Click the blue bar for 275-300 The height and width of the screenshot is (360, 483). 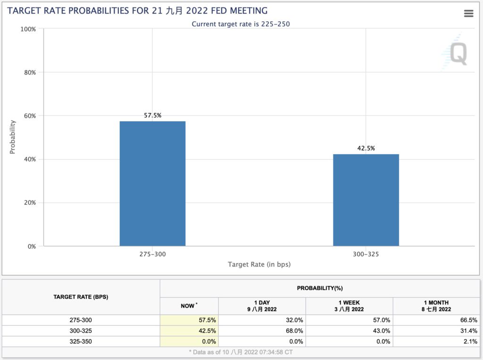(x=152, y=184)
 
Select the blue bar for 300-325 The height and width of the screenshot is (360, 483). (x=366, y=200)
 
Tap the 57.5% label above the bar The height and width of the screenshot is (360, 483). (x=152, y=115)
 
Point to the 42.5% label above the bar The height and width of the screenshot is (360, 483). (x=366, y=148)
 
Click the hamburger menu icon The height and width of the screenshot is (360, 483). (x=468, y=14)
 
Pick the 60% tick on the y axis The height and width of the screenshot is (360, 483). (x=29, y=116)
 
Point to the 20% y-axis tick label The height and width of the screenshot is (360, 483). (x=29, y=203)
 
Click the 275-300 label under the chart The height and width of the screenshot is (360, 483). (x=152, y=254)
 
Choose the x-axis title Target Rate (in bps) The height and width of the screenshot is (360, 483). (x=259, y=264)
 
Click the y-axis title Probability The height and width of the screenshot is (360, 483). (x=13, y=137)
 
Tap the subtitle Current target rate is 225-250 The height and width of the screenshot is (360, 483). (x=241, y=24)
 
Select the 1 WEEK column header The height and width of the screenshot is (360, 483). (x=349, y=306)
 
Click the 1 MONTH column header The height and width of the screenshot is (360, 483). (x=436, y=306)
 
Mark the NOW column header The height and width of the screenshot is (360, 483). (x=189, y=306)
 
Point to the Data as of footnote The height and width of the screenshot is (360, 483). (x=241, y=352)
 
